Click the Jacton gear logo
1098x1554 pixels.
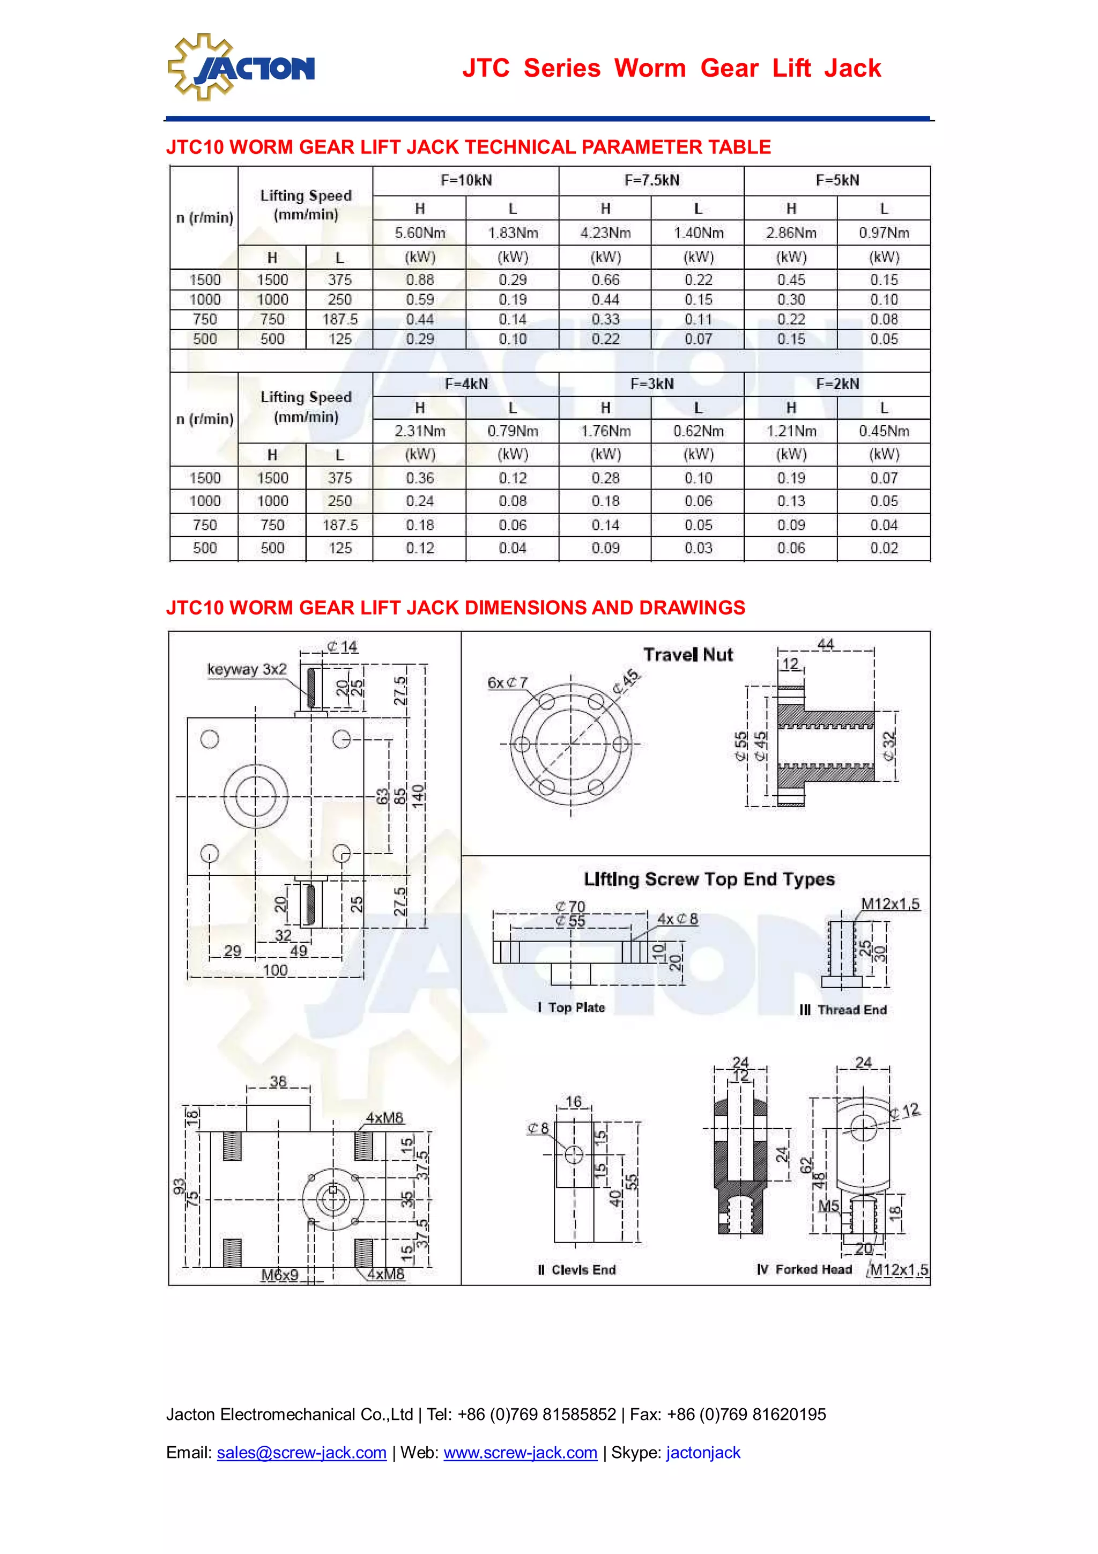point(241,67)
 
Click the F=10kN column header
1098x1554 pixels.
point(466,181)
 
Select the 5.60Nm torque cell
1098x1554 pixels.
point(420,233)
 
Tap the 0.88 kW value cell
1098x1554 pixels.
point(420,279)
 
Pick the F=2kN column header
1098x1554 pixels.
point(837,384)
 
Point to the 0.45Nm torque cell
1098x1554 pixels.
point(884,431)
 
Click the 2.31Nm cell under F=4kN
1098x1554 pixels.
point(420,431)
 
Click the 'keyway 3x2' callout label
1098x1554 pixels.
point(247,669)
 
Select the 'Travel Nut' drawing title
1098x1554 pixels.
point(688,655)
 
